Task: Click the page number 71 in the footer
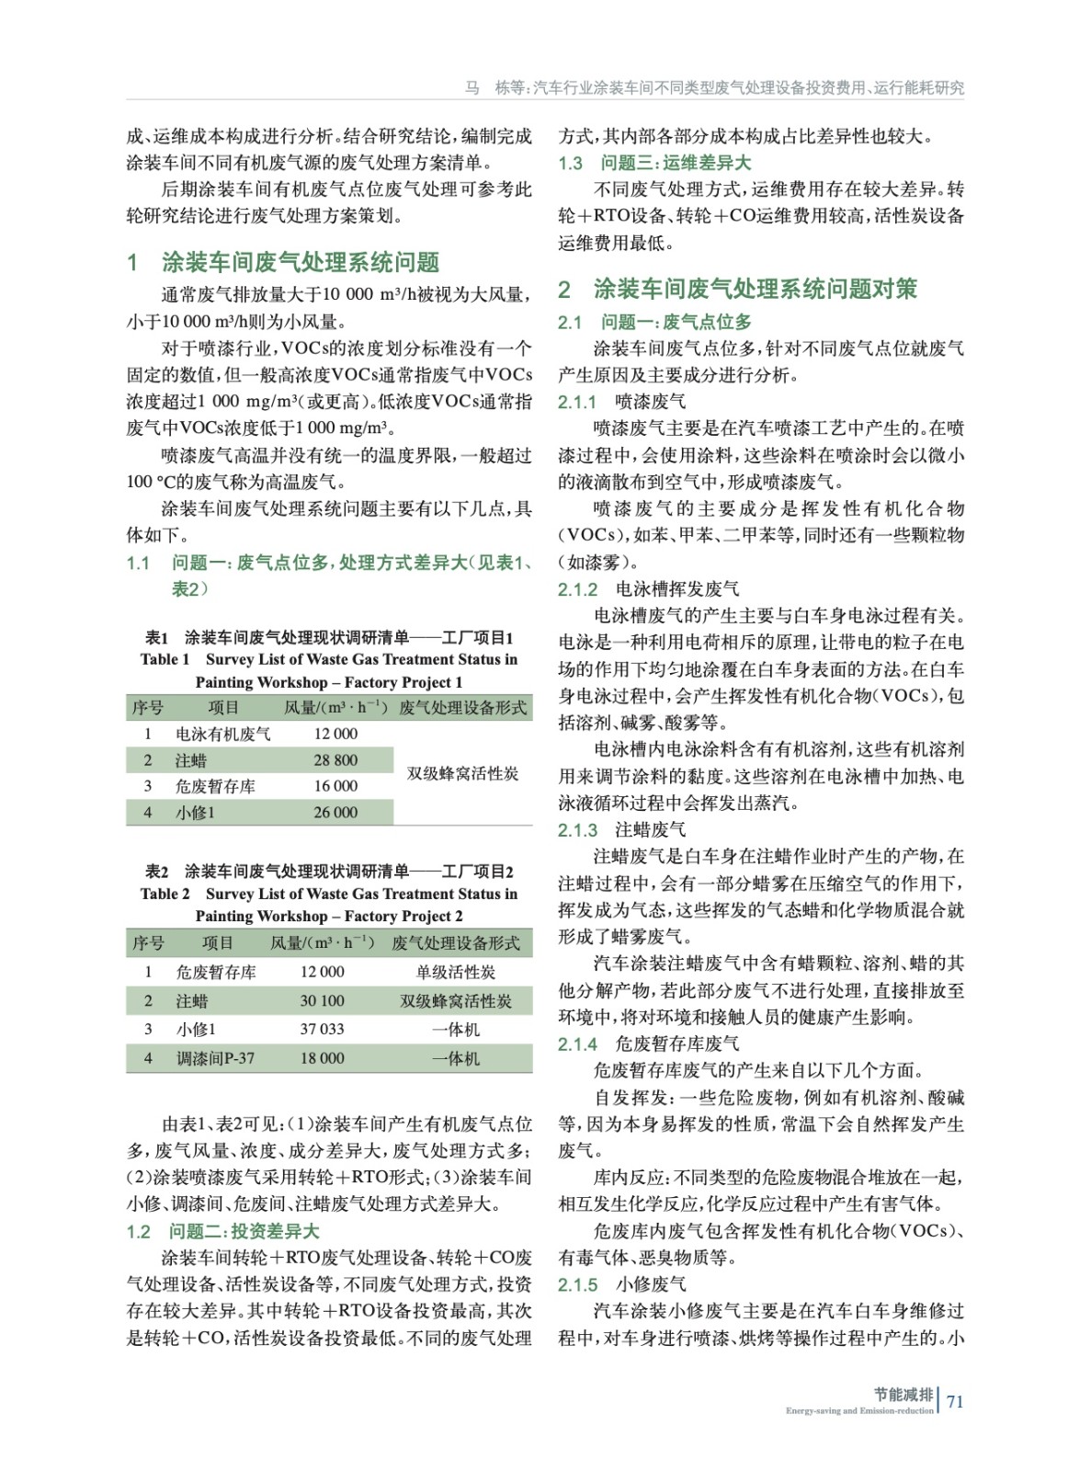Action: (955, 1401)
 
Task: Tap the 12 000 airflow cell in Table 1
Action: (335, 734)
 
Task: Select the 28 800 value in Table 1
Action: (335, 760)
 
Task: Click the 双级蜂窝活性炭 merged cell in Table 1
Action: (462, 773)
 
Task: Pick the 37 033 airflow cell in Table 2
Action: (322, 1029)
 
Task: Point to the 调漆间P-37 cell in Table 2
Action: (215, 1058)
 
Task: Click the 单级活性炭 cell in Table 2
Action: (455, 972)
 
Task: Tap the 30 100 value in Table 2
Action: (322, 1000)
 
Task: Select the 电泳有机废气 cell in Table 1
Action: (222, 734)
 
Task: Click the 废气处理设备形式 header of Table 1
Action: (462, 707)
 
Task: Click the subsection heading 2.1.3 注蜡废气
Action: (621, 830)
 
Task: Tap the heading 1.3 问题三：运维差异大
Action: (653, 163)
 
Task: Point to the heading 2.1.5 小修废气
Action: (621, 1284)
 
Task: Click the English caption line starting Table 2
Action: (328, 894)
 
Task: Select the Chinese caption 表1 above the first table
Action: (328, 637)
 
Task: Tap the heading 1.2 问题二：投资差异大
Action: (222, 1231)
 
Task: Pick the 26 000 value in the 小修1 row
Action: (335, 813)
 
